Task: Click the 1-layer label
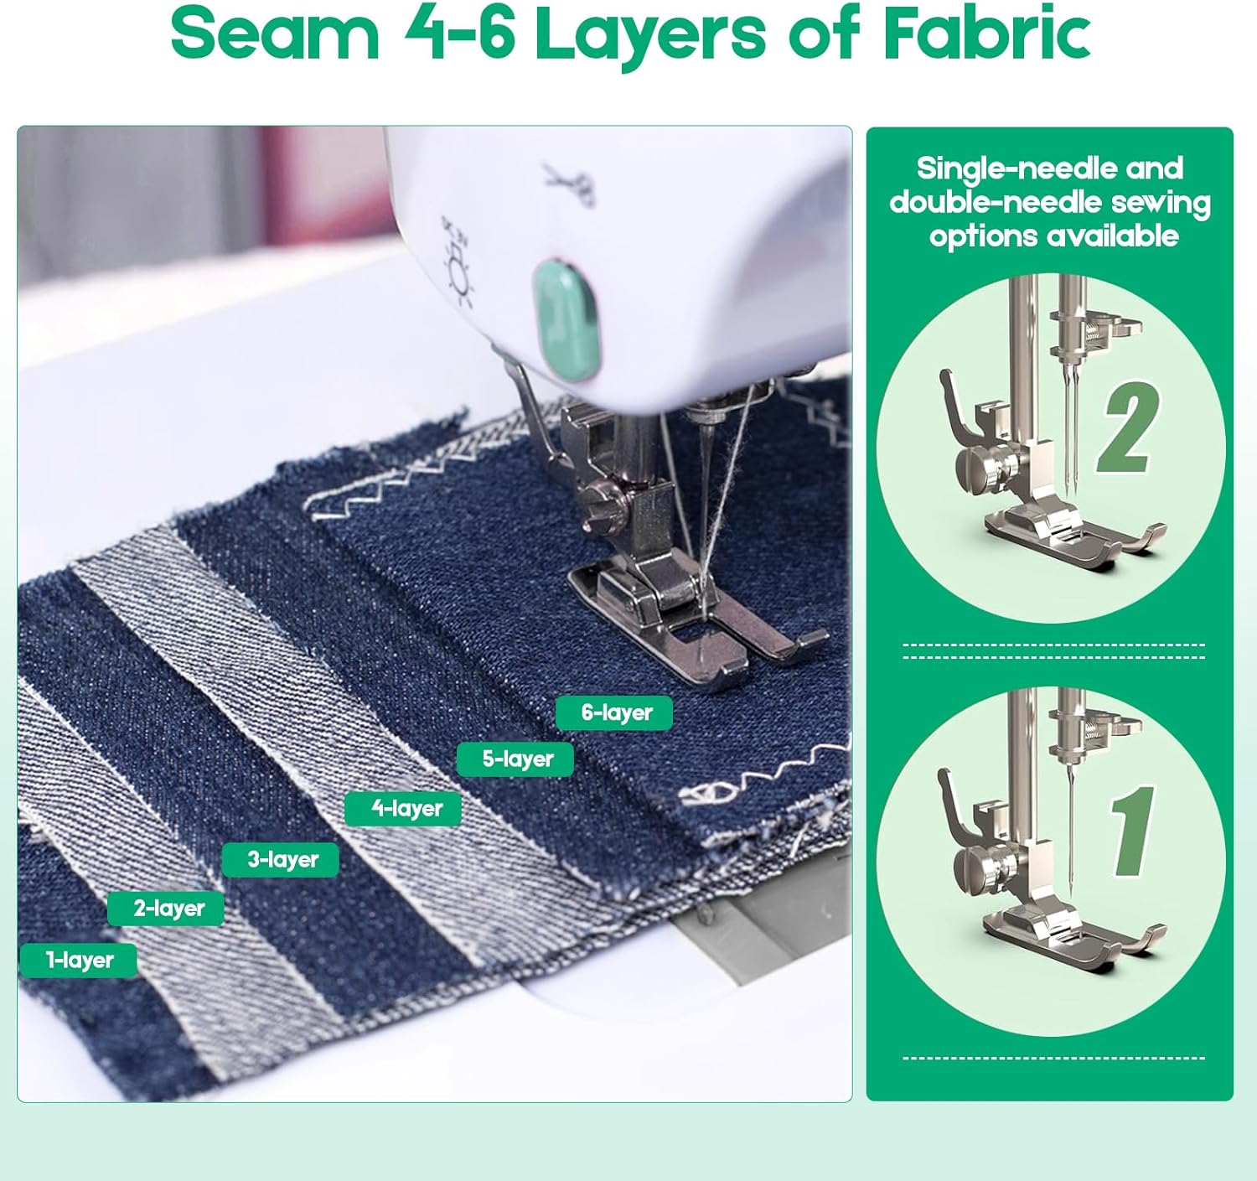pos(79,960)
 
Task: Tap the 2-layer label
pos(166,908)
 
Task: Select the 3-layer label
pos(281,859)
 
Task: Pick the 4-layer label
pos(402,808)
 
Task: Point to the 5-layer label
pos(515,759)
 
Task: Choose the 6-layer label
pos(614,712)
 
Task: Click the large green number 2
pos(1129,427)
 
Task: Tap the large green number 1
pos(1131,831)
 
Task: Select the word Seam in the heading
pos(275,33)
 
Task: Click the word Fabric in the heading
pos(986,32)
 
